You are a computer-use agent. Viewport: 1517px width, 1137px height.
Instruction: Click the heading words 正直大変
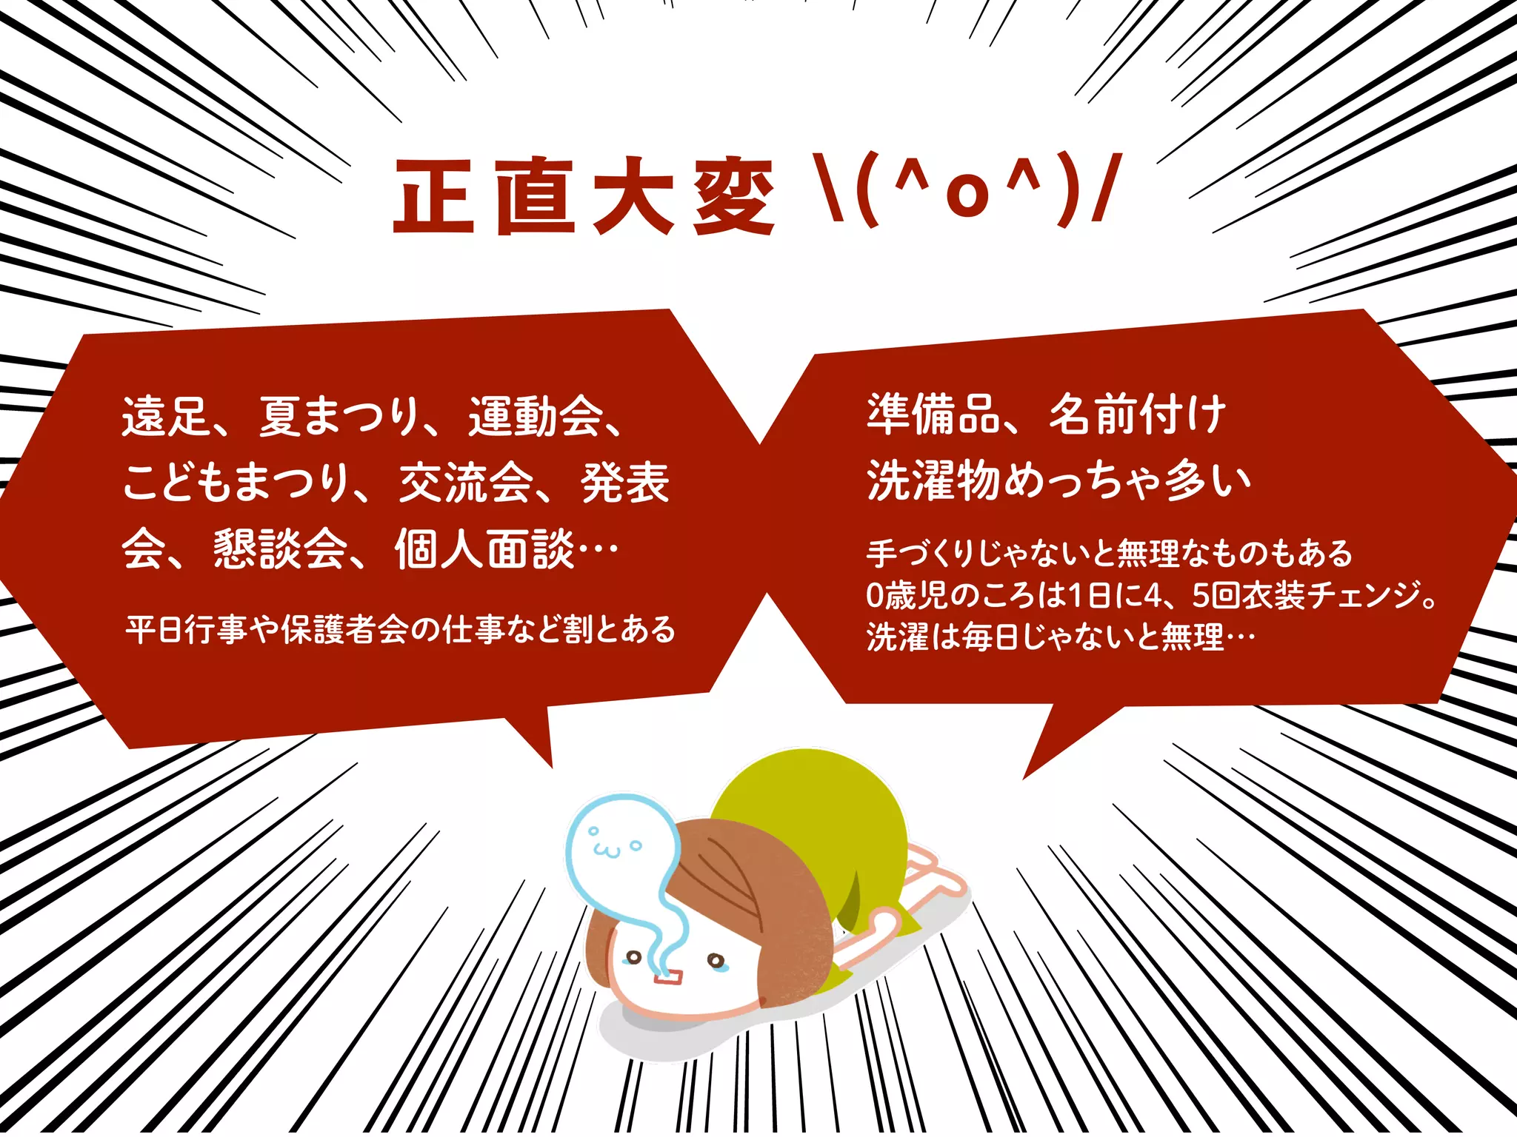[583, 196]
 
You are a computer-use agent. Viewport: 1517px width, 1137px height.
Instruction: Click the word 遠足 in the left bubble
[167, 416]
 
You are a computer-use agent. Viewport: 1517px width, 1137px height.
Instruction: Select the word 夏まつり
[340, 416]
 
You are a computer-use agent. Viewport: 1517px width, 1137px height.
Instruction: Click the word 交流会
[466, 483]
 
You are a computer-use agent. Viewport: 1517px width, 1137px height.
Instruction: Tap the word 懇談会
[281, 549]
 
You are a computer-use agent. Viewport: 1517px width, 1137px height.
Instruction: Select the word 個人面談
[484, 549]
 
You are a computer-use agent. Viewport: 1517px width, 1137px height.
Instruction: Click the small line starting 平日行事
[400, 630]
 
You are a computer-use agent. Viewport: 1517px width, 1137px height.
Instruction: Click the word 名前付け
[1137, 415]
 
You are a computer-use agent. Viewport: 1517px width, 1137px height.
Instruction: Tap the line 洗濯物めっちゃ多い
[1059, 481]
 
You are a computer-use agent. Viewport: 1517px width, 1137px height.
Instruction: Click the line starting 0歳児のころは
[1152, 595]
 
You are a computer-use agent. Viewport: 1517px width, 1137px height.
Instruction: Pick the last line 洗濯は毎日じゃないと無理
[1061, 637]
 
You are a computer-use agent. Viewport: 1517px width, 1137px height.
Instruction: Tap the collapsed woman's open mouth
[667, 979]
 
